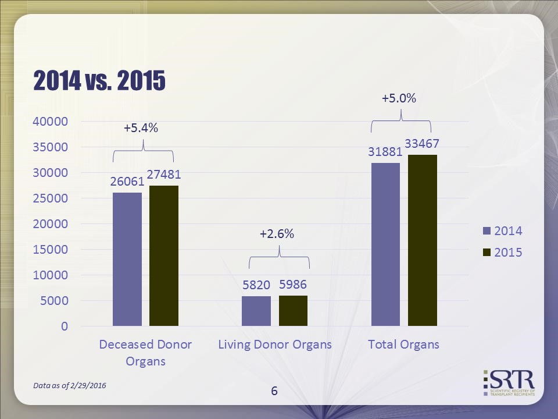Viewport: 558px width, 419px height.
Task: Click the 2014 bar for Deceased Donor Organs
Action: point(127,259)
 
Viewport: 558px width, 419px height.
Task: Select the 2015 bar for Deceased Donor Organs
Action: point(164,255)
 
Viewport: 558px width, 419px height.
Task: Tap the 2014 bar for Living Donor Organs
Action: point(256,311)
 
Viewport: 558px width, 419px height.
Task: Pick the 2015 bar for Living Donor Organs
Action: point(293,311)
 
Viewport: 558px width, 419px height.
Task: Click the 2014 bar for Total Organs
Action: point(385,244)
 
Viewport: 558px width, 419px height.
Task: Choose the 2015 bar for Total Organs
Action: point(422,240)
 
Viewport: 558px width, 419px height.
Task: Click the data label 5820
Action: point(256,285)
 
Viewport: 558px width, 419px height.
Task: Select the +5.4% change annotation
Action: point(141,129)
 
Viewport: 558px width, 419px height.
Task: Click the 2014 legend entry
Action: point(502,231)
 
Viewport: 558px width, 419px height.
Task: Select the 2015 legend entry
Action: point(502,253)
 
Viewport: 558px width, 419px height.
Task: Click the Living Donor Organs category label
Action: point(275,345)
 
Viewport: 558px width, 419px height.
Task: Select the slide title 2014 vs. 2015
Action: point(99,81)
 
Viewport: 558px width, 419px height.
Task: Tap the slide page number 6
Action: point(274,391)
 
